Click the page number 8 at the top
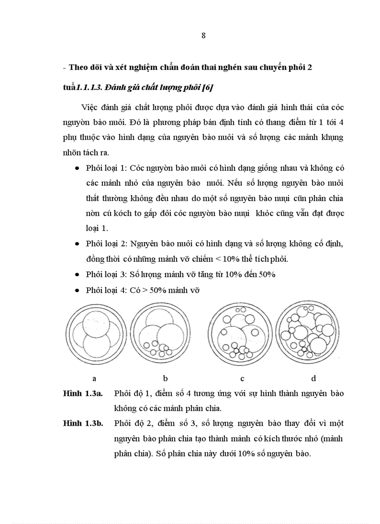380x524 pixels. tap(204, 36)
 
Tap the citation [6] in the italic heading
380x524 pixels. tap(207, 88)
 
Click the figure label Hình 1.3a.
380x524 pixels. tap(82, 393)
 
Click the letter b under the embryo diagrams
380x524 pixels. tap(165, 378)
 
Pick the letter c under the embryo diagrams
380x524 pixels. tap(243, 378)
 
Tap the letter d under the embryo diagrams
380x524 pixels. tap(313, 378)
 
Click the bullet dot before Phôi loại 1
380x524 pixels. tap(77, 168)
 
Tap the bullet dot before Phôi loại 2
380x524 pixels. tap(77, 244)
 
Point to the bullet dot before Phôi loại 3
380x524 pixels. tap(77, 274)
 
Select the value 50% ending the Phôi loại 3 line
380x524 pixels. tap(265, 274)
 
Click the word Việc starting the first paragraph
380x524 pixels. tap(90, 107)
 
